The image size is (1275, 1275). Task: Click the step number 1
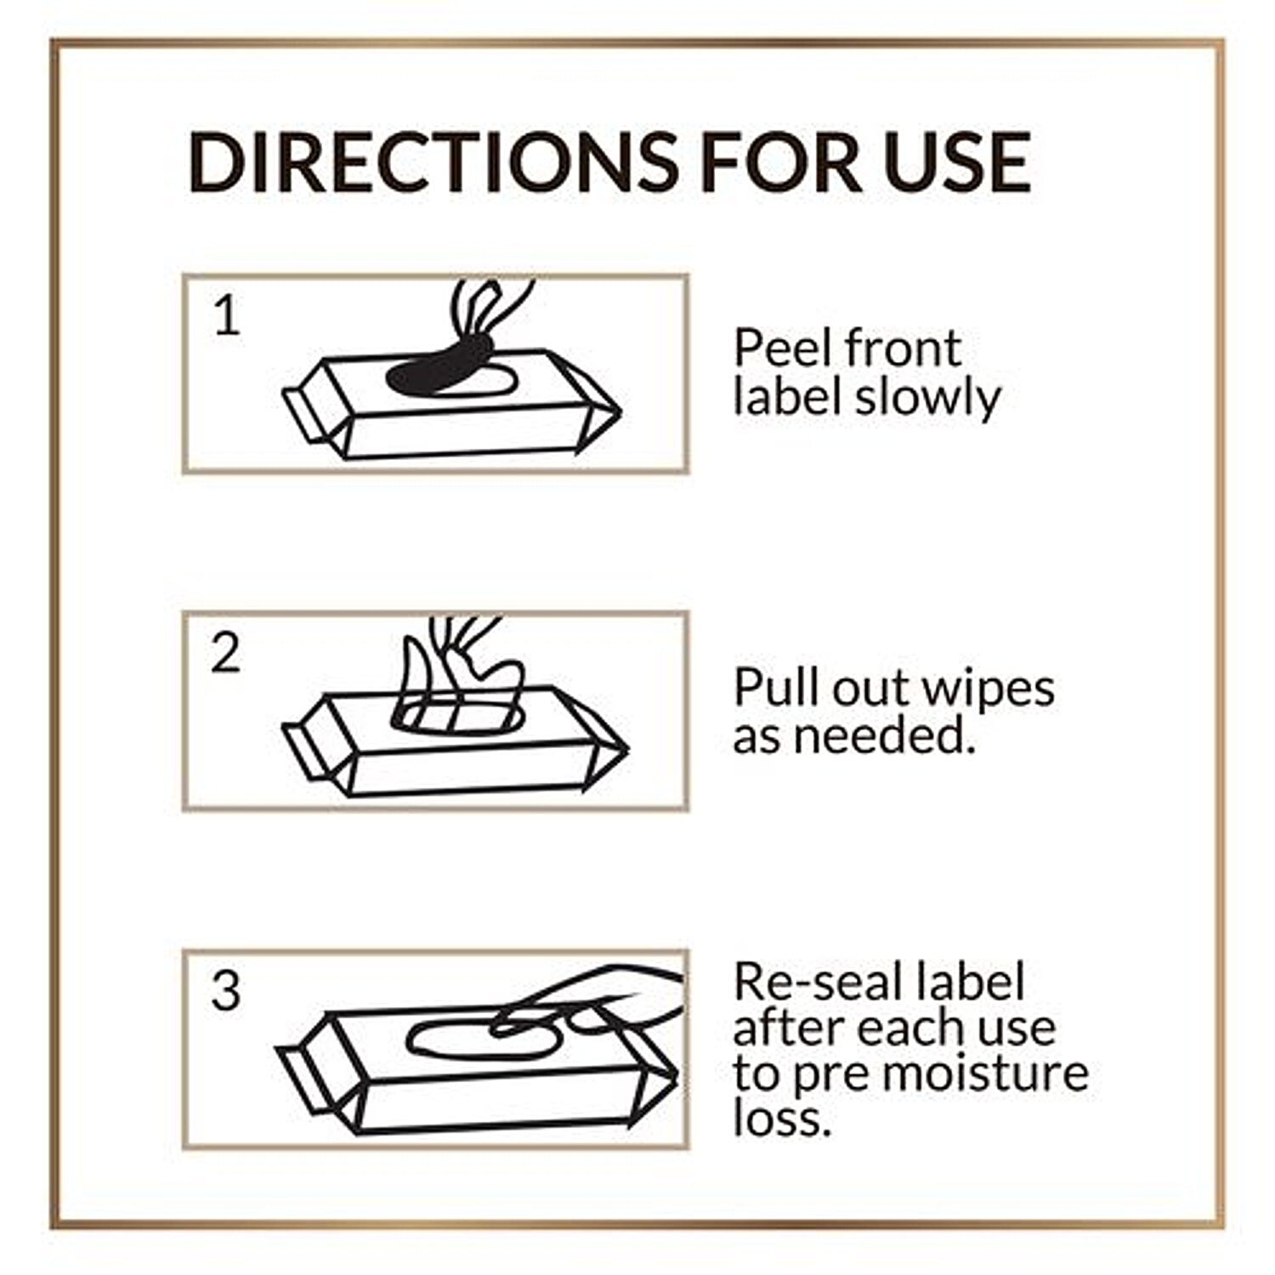(227, 316)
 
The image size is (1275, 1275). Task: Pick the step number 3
(226, 990)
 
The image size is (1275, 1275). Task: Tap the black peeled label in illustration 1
(442, 365)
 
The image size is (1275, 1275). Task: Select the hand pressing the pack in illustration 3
(595, 999)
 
